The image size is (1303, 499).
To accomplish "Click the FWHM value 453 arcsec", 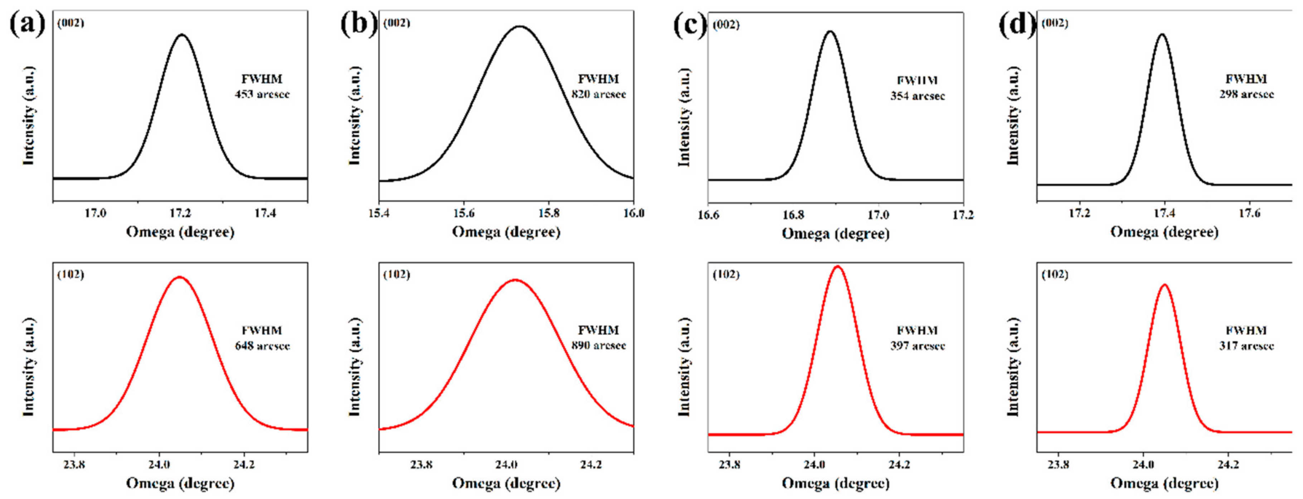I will point(262,95).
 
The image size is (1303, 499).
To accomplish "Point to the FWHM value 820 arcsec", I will point(598,95).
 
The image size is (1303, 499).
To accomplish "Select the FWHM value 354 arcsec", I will point(918,96).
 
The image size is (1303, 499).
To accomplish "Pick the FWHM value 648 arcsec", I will point(262,346).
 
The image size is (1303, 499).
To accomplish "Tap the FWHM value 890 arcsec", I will point(598,346).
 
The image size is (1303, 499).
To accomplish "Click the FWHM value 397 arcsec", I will point(918,346).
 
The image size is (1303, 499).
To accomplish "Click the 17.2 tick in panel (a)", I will point(180,213).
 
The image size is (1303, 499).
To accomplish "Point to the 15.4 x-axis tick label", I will point(379,213).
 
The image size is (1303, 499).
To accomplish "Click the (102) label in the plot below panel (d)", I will point(1055,275).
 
